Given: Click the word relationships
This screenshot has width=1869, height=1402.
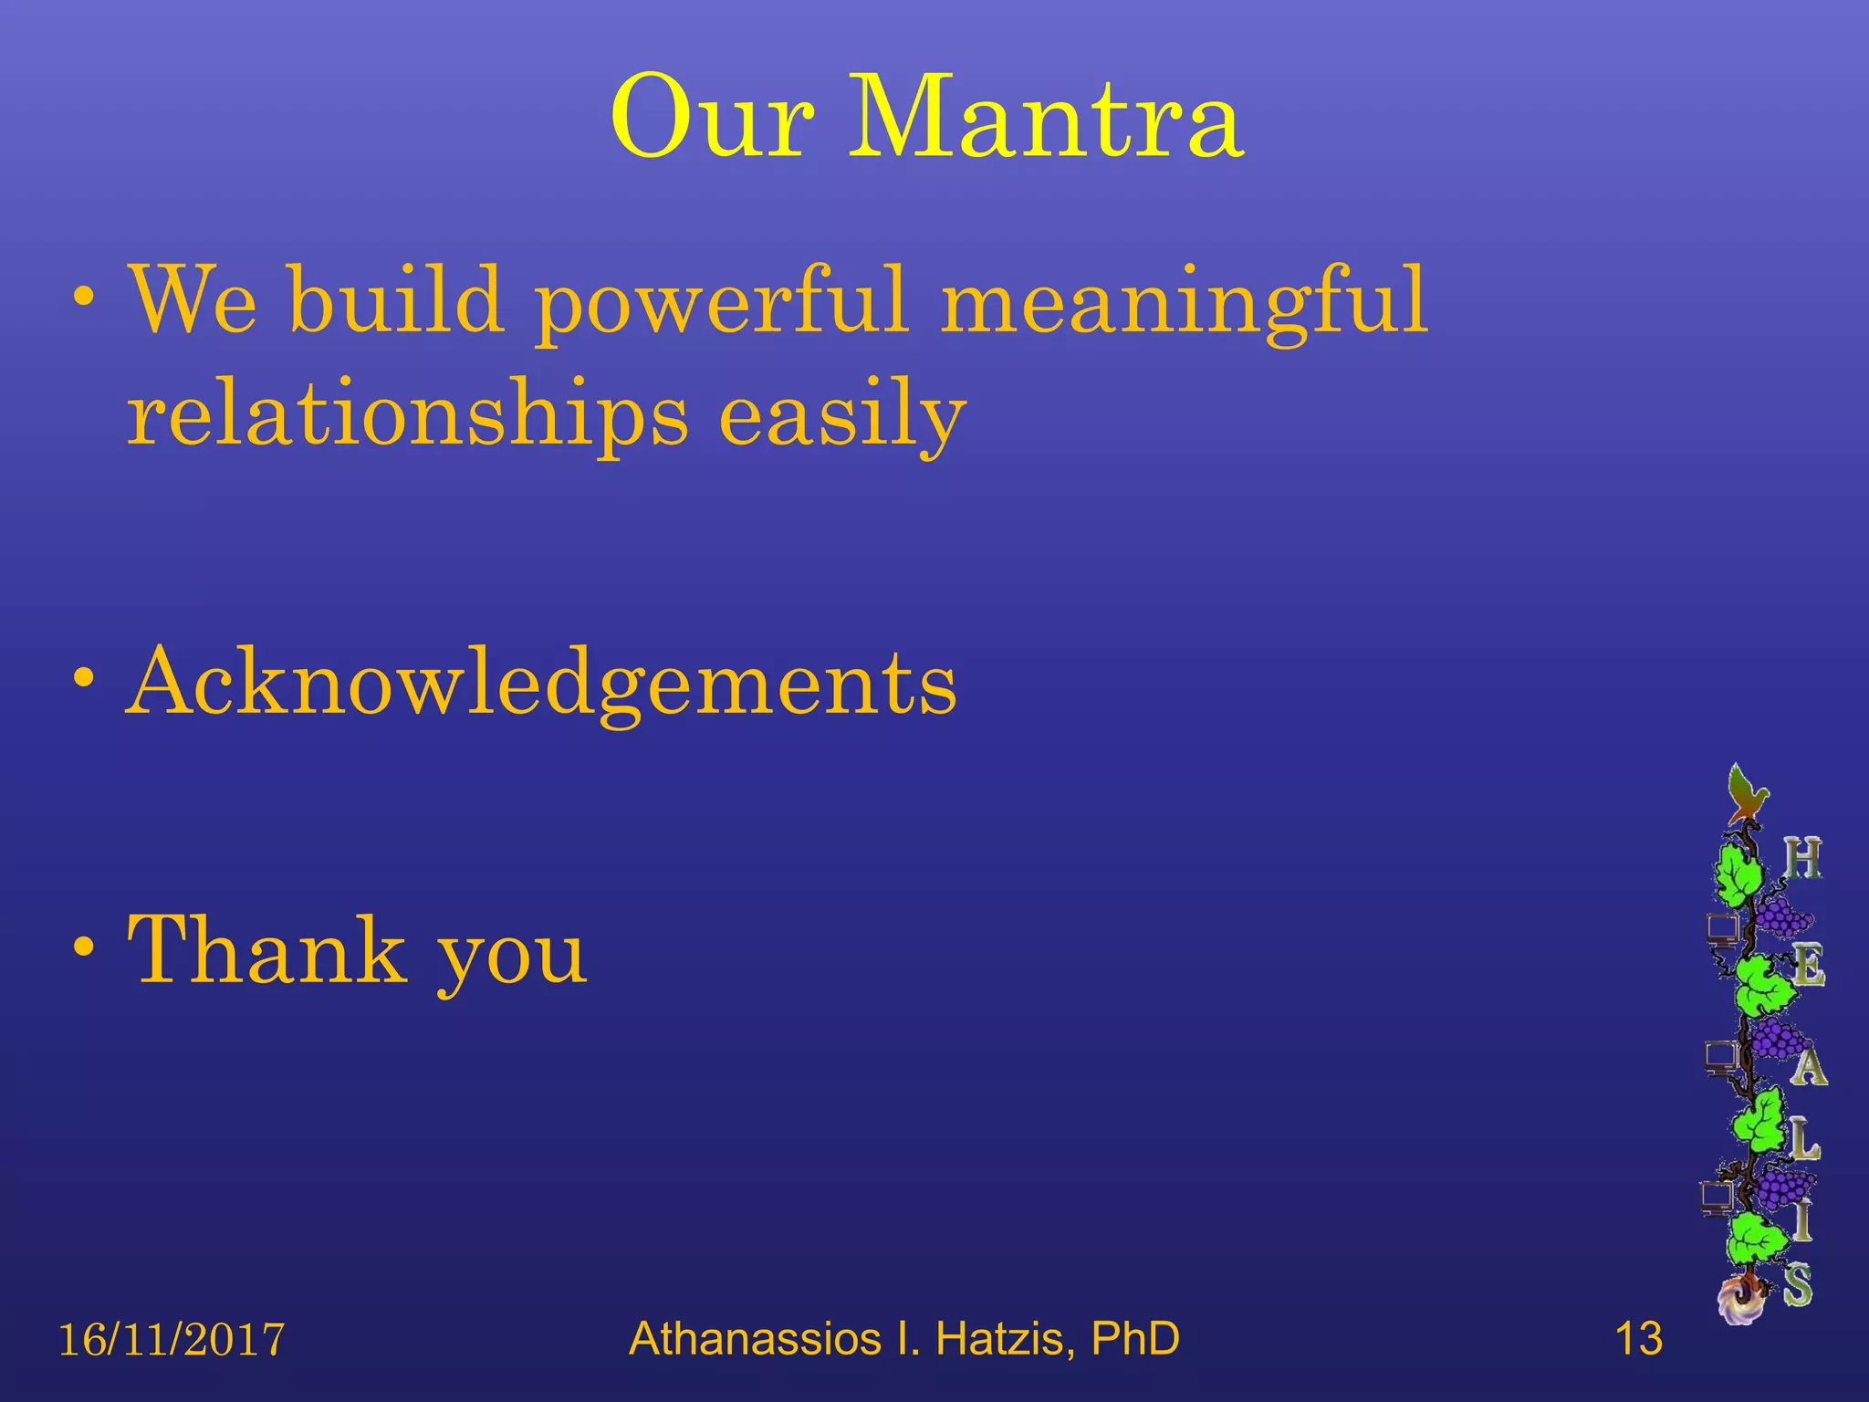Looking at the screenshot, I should [407, 415].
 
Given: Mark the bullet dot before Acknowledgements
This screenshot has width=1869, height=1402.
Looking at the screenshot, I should [85, 679].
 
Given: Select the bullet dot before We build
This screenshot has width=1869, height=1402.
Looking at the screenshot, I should [85, 298].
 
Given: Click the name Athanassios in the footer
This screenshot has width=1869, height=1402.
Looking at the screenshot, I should [755, 1339].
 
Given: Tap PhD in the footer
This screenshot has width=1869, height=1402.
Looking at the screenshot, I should [1135, 1339].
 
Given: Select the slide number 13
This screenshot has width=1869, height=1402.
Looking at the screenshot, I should [1638, 1339].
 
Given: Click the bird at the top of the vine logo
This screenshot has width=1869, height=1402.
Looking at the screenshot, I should [1747, 792].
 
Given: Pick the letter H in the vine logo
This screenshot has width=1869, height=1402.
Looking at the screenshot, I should [1802, 859].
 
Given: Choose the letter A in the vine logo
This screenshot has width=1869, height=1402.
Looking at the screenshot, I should [1808, 1066].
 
